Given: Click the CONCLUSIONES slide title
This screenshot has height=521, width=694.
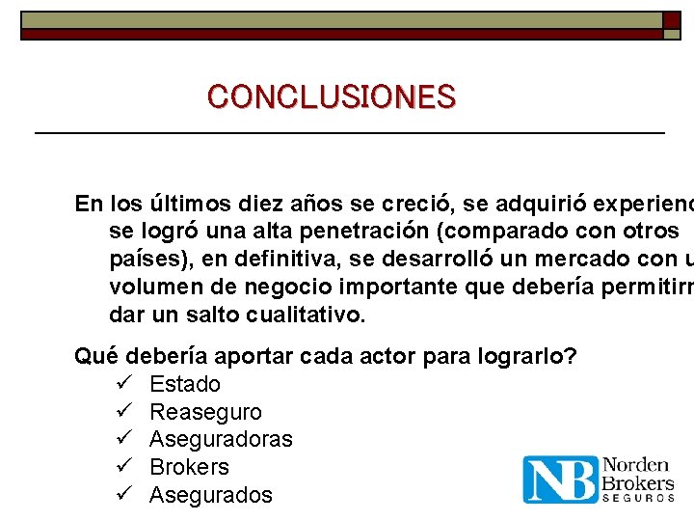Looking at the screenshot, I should tap(331, 96).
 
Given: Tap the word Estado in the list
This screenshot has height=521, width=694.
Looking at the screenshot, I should tap(185, 384).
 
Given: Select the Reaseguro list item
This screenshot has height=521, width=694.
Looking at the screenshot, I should tap(205, 412).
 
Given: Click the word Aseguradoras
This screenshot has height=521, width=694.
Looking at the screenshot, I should tap(221, 440).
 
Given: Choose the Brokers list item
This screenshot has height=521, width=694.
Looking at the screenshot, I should tap(189, 467).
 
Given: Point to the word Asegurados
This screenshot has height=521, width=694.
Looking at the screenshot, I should tap(211, 495).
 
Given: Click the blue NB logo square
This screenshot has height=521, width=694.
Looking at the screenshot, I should tap(560, 480).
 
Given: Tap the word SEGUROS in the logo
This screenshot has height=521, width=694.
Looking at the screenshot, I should tap(638, 498).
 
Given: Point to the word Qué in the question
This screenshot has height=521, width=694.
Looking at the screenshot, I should tap(96, 356).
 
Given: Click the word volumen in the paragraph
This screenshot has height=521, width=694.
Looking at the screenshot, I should tap(150, 288).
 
